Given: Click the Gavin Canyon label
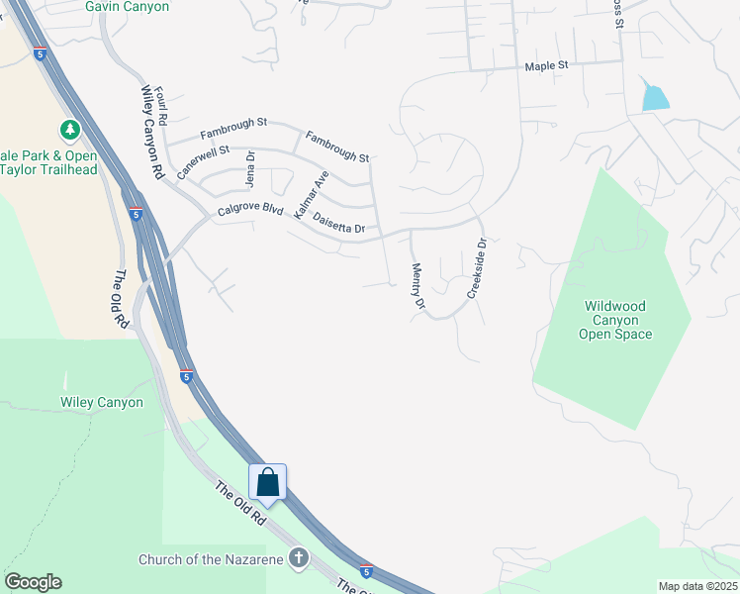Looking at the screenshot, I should [x=127, y=7].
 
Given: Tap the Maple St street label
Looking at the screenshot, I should [x=547, y=65].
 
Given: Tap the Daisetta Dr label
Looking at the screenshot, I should [x=338, y=223].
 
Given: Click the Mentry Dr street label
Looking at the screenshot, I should [x=417, y=287].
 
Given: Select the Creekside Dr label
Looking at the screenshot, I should [x=476, y=268].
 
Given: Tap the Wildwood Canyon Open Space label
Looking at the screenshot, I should [x=617, y=320].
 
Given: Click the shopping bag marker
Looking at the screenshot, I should [x=267, y=482].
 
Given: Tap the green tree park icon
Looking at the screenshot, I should [x=70, y=130].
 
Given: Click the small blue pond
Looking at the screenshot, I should [x=655, y=96].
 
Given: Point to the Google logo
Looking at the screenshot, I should [x=33, y=582].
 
